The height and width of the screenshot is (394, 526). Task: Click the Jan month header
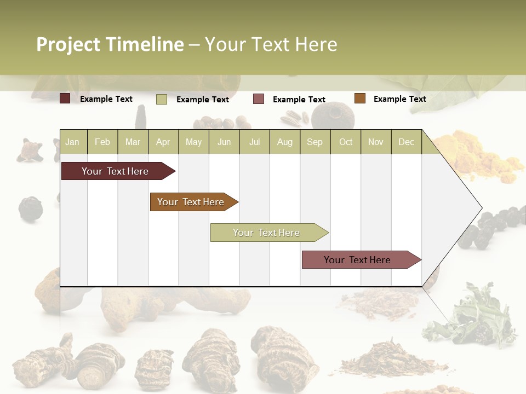[x=72, y=142]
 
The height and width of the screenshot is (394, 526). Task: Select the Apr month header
[x=163, y=142]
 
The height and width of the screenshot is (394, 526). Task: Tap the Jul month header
[x=254, y=142]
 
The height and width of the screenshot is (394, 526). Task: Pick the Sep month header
[x=315, y=142]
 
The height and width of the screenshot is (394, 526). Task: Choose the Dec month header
[x=406, y=142]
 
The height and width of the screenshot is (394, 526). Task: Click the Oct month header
[x=346, y=142]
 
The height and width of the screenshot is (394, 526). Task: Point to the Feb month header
[x=102, y=142]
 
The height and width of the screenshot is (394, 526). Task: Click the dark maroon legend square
[x=65, y=99]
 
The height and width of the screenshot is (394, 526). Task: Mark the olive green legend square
[x=162, y=99]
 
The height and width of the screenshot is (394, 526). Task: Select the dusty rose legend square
[x=259, y=99]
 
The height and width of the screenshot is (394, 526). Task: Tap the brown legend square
[x=359, y=99]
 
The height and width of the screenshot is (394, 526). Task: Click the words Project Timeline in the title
[x=110, y=44]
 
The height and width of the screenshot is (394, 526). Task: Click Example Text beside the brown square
[x=399, y=99]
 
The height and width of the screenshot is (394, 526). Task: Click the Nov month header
[x=376, y=142]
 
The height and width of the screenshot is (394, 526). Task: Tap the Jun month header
[x=224, y=142]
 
